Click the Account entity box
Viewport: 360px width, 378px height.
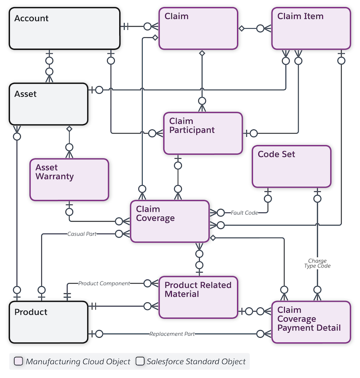point(64,28)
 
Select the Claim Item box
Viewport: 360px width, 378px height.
point(311,28)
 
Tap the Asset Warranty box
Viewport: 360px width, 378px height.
point(69,179)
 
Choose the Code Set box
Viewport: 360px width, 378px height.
point(291,166)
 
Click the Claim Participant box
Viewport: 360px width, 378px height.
point(203,133)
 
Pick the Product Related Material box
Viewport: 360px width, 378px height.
point(198,298)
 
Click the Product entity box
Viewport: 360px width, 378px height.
point(49,322)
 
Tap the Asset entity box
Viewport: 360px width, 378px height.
point(49,104)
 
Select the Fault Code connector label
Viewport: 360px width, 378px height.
point(244,213)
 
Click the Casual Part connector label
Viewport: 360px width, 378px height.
point(82,234)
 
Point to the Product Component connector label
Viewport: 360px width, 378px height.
point(104,284)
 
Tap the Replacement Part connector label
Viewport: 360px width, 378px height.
point(172,334)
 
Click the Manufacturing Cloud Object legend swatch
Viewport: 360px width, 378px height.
point(18,361)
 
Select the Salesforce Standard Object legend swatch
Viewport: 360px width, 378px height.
point(140,361)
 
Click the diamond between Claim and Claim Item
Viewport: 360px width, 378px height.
point(242,28)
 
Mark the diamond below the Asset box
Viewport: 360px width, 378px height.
point(69,129)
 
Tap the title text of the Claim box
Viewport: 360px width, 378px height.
point(176,17)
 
